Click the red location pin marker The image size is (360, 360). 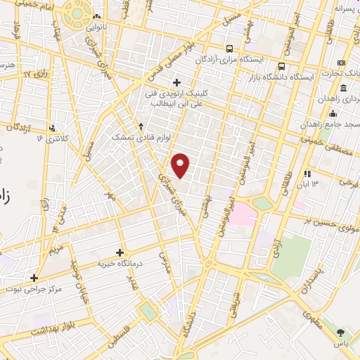click(181, 165)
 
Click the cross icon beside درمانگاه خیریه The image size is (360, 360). click(120, 252)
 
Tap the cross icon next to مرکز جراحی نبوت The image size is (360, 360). click(33, 278)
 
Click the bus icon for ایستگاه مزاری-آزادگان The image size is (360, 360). click(229, 49)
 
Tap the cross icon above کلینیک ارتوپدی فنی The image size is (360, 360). click(177, 82)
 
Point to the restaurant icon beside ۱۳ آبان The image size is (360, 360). click(307, 174)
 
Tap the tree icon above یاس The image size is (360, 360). click(340, 332)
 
